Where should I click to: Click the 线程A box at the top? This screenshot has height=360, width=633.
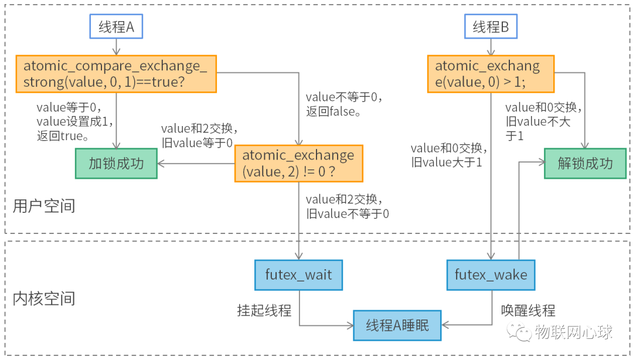[116, 27]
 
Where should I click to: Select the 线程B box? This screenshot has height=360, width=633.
[491, 27]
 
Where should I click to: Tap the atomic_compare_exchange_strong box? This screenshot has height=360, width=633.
[115, 74]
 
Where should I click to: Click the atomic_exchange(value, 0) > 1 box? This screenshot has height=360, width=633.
[491, 74]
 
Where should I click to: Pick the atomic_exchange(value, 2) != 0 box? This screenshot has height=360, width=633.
[298, 164]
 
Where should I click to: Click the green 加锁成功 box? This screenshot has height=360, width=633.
[115, 163]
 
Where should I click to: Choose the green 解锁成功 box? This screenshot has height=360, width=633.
[585, 163]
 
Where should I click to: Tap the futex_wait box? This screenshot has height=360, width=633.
[298, 275]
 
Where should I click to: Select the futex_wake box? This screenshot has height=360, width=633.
[491, 275]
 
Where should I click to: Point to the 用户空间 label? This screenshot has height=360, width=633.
[44, 206]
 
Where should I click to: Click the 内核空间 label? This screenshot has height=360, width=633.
[44, 299]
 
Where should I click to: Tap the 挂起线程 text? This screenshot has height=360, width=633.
[264, 310]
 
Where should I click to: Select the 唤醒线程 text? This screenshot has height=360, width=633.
[527, 310]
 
